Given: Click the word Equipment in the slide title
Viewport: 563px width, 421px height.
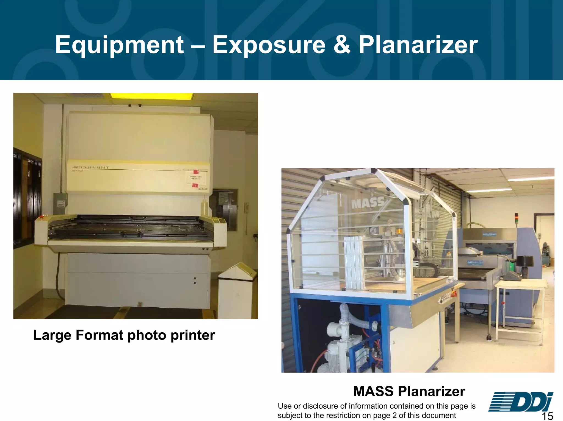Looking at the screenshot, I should pyautogui.click(x=119, y=45).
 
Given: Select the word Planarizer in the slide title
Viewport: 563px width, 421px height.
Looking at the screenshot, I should pyautogui.click(x=418, y=45).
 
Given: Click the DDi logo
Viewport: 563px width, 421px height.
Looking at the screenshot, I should pyautogui.click(x=520, y=402).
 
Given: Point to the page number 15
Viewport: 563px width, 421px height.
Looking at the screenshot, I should pyautogui.click(x=547, y=416).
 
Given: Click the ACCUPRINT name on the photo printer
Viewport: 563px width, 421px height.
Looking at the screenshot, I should pyautogui.click(x=90, y=167).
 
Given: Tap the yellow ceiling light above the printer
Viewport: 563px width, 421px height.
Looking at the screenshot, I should pyautogui.click(x=151, y=96).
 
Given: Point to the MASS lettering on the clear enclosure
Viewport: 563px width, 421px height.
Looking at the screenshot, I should pyautogui.click(x=368, y=203).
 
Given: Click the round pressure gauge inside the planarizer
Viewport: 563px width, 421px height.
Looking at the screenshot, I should pyautogui.click(x=373, y=231).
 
